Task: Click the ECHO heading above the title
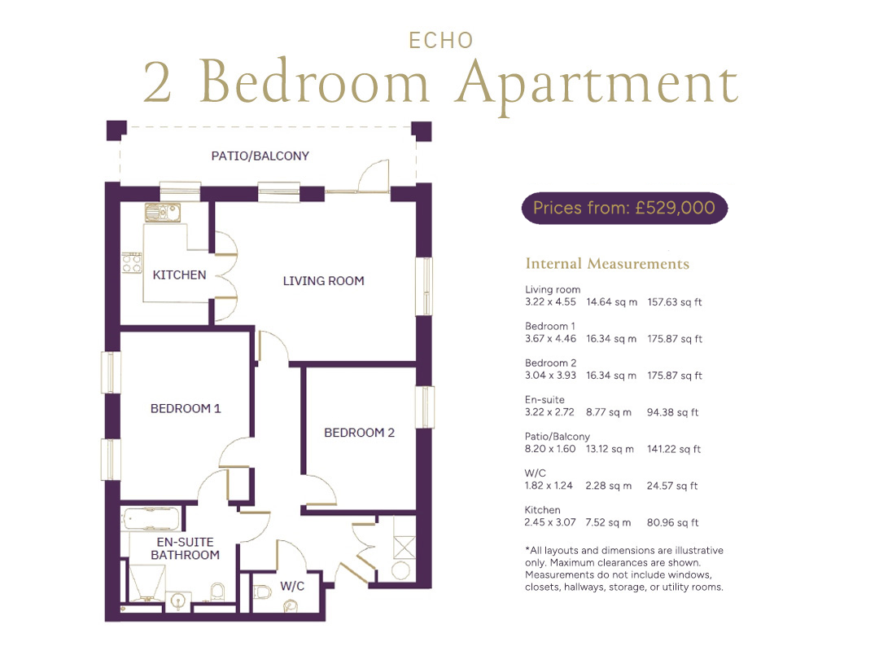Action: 441,41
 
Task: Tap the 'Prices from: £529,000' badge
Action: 624,209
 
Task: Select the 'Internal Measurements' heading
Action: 607,264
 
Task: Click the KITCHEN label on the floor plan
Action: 179,275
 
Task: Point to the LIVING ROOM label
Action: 323,281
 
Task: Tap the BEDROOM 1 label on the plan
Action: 186,408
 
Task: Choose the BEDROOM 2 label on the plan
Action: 360,433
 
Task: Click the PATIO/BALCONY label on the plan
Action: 260,156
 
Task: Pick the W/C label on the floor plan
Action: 292,587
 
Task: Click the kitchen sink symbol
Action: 163,212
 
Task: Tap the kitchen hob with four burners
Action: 133,262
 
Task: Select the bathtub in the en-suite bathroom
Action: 151,519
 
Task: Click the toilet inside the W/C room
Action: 262,592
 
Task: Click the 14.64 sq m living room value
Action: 611,302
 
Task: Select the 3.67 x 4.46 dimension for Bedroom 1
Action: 550,339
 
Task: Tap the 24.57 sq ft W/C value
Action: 672,486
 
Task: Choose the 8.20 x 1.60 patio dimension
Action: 550,449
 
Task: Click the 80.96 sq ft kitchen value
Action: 673,522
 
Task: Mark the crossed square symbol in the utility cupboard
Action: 405,548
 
